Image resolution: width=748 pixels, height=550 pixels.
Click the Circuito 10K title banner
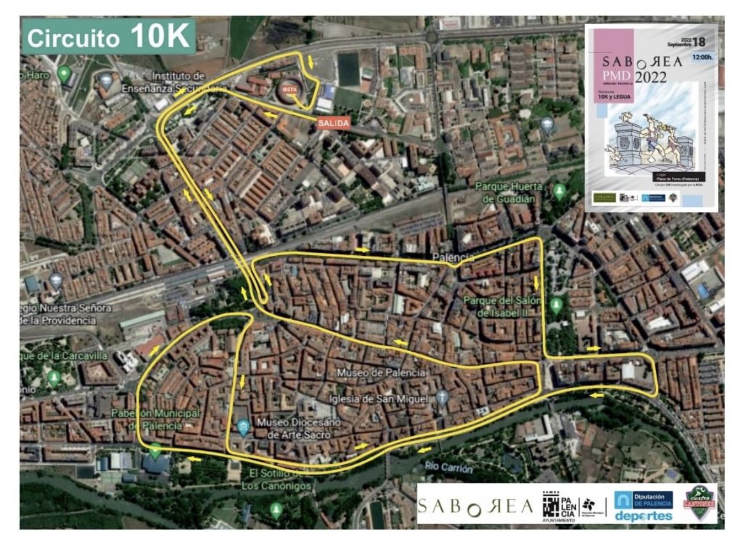click(x=109, y=37)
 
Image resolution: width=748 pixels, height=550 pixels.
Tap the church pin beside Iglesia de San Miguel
click(x=442, y=398)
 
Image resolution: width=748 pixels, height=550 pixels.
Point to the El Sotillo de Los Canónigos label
click(x=277, y=479)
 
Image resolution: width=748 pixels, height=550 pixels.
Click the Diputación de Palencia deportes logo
click(x=643, y=505)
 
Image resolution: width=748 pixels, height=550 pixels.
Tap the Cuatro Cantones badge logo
click(x=699, y=502)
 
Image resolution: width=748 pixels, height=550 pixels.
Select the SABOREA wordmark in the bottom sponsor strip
click(x=475, y=507)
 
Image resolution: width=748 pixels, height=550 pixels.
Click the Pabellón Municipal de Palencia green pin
click(x=155, y=450)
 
